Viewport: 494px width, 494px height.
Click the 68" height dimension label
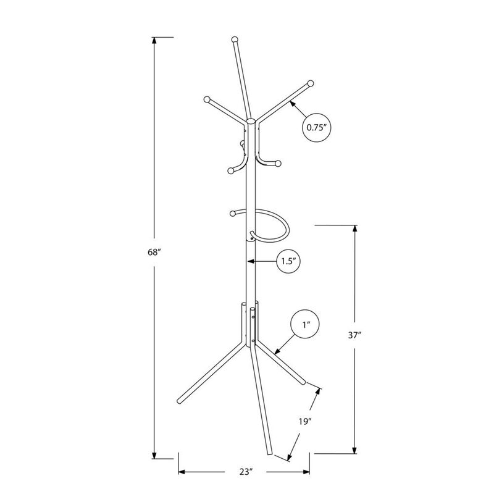154,253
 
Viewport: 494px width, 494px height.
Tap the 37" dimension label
354,336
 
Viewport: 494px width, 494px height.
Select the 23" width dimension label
246,472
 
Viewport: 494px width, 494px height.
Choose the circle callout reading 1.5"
287,261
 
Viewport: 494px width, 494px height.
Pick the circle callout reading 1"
306,324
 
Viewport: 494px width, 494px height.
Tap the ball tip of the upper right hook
311,83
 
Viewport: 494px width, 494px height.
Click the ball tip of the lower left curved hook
230,170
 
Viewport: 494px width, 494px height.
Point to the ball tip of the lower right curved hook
278,164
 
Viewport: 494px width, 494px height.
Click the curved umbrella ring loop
272,225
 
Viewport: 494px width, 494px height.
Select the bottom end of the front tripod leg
270,454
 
